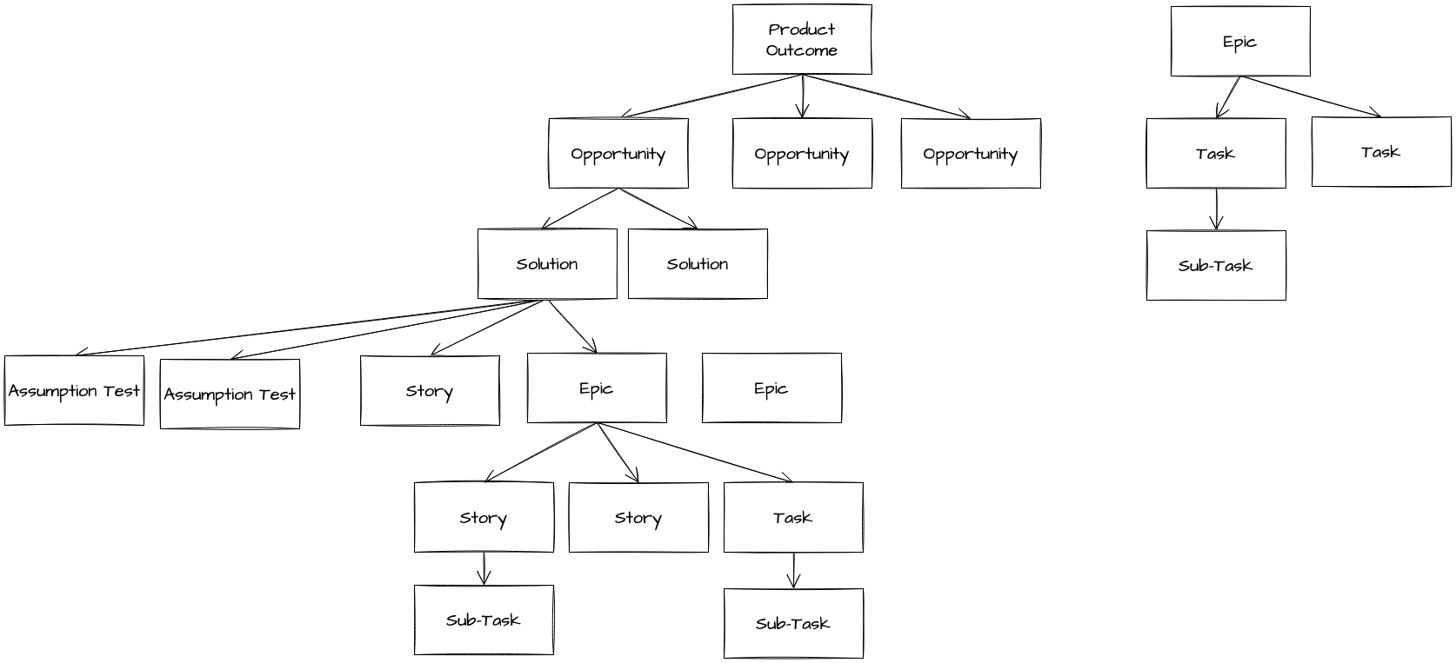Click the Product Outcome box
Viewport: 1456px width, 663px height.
(x=801, y=39)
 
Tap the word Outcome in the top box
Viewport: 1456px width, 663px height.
(x=801, y=50)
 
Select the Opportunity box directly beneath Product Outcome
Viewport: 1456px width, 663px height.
(x=801, y=154)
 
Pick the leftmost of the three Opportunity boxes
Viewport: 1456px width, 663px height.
(x=618, y=154)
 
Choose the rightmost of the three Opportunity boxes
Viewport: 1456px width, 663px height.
(x=970, y=154)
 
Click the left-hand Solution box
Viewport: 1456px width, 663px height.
(x=546, y=264)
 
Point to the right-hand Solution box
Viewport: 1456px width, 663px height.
(x=697, y=264)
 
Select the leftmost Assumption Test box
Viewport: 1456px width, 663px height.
(x=74, y=391)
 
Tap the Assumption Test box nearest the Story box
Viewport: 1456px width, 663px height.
(x=230, y=394)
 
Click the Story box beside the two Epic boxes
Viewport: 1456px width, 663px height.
(x=430, y=391)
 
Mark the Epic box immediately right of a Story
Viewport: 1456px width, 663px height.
(x=597, y=388)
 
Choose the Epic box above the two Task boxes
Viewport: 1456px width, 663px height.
(x=1239, y=42)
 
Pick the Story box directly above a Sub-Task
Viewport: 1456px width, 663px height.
(x=484, y=518)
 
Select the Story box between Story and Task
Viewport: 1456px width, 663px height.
(x=638, y=518)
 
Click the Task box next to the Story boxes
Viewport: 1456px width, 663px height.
(x=792, y=518)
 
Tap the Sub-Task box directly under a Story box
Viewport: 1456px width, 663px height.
(x=484, y=620)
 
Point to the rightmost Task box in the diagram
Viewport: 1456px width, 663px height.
(x=1380, y=152)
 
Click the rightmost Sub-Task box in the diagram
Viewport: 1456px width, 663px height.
(x=1215, y=266)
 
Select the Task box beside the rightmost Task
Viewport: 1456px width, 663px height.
(x=1215, y=154)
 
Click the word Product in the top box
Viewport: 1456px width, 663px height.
(x=801, y=30)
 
